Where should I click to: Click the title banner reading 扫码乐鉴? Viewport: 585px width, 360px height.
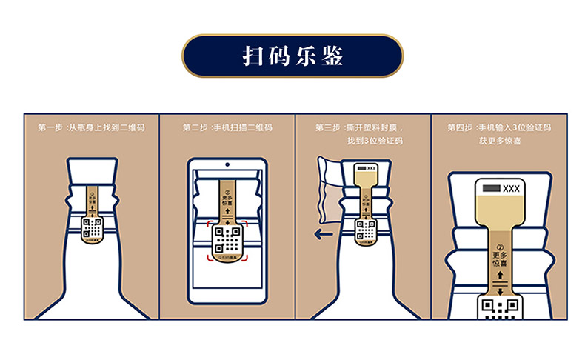point(292,56)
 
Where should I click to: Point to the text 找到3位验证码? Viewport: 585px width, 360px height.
point(374,140)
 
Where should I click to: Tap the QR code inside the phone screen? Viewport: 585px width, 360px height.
point(227,238)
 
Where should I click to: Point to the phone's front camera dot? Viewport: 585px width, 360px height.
point(227,163)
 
